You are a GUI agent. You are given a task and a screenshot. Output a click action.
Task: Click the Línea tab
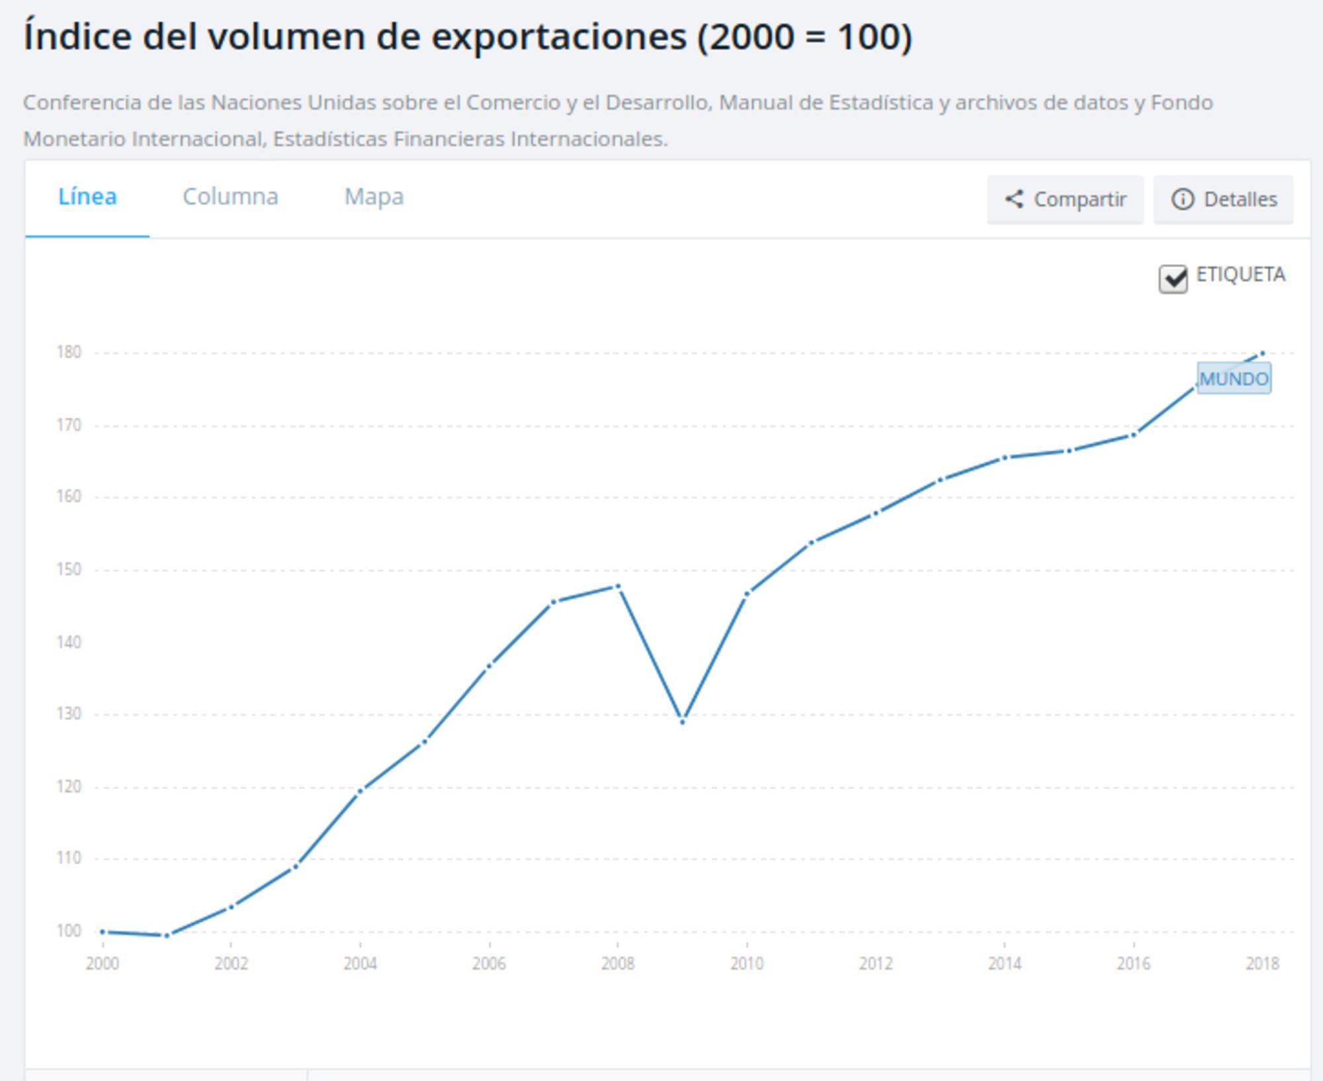click(87, 197)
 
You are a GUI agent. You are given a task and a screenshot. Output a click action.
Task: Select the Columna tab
click(230, 197)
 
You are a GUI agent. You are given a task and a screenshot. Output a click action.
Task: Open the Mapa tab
click(374, 197)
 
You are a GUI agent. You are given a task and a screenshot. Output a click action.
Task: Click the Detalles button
click(1223, 199)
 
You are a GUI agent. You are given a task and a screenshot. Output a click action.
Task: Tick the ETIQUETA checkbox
click(1173, 279)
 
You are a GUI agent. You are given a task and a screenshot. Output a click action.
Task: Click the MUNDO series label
click(1234, 379)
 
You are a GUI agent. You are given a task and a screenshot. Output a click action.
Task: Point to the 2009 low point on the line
click(683, 722)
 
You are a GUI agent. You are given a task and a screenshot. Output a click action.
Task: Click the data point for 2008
click(619, 586)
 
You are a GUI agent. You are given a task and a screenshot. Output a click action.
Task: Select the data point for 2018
click(1262, 353)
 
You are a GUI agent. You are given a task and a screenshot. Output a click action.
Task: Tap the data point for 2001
click(167, 935)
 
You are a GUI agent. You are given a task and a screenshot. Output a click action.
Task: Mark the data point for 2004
click(361, 790)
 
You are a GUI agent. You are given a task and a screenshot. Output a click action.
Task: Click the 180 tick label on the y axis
click(69, 352)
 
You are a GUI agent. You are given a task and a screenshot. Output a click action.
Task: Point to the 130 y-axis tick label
click(69, 714)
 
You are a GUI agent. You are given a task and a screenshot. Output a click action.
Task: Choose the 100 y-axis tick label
click(69, 931)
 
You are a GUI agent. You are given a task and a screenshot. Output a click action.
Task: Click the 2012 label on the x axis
click(876, 964)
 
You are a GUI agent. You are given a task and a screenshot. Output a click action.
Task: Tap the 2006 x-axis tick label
click(489, 964)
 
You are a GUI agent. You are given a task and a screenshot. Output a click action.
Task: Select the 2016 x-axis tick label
click(1134, 964)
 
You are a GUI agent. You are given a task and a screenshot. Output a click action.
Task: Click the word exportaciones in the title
click(559, 37)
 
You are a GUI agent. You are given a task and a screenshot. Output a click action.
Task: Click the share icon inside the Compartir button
click(1014, 199)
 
